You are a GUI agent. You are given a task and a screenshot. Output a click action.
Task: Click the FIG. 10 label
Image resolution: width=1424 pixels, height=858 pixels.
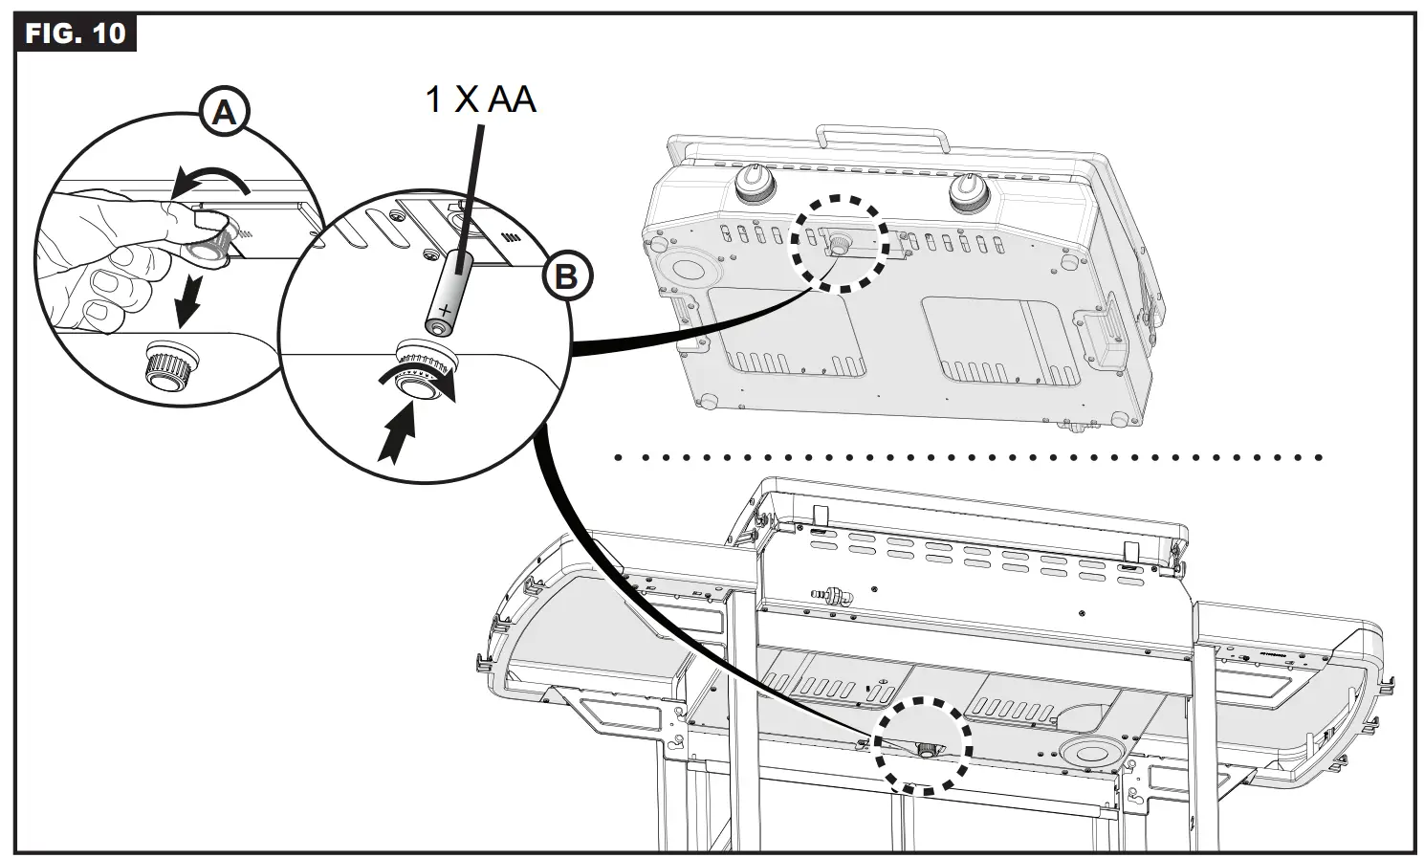click(x=76, y=33)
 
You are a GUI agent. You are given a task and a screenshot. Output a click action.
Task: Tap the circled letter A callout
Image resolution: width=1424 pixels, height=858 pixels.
click(x=223, y=114)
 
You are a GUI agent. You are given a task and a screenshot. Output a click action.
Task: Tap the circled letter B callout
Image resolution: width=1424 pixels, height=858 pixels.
click(x=566, y=277)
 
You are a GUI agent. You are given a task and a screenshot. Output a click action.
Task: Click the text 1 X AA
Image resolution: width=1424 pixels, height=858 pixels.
click(x=480, y=99)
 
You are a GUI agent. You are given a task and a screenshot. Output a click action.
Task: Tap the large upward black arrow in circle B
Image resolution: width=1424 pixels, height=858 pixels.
click(x=398, y=433)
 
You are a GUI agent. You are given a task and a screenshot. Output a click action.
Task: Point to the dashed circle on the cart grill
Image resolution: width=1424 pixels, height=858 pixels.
click(x=924, y=744)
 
